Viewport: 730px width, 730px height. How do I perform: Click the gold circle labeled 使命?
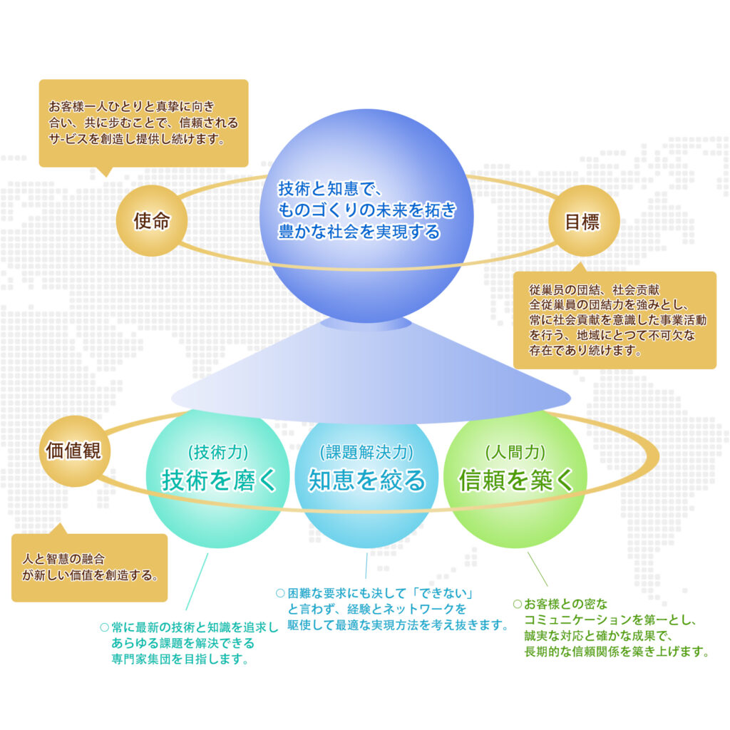point(151,221)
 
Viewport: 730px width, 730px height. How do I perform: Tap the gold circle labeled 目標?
point(583,221)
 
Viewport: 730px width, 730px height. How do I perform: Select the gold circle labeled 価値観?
point(73,451)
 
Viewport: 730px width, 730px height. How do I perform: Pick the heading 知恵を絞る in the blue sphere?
point(366,480)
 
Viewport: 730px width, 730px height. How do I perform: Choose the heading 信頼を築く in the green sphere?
point(516,480)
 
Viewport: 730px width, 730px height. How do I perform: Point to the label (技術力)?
point(218,452)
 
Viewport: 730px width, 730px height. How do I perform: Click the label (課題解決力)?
point(366,452)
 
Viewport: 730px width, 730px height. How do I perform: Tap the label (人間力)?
point(515,452)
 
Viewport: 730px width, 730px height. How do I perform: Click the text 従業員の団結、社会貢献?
point(595,291)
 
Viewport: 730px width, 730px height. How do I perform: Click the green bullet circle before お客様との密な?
point(518,604)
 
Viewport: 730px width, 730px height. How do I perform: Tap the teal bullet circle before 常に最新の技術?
point(104,628)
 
